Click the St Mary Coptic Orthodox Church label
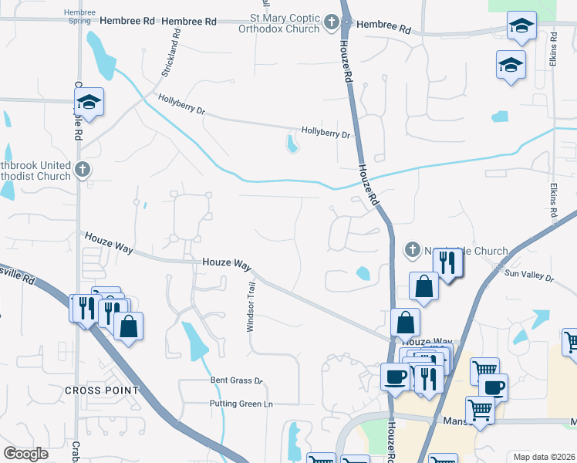coord(283,23)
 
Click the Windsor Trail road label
coord(250,306)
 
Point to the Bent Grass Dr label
coord(237,380)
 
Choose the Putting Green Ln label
coord(241,404)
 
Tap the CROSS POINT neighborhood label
coord(102,390)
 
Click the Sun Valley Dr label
coord(529,275)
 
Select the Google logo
coord(26,454)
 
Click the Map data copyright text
coord(544,457)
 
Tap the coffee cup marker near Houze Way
coord(395,377)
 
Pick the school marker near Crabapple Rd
coord(89,102)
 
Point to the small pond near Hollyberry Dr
coord(292,144)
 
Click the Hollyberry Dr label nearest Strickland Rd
coord(181,104)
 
